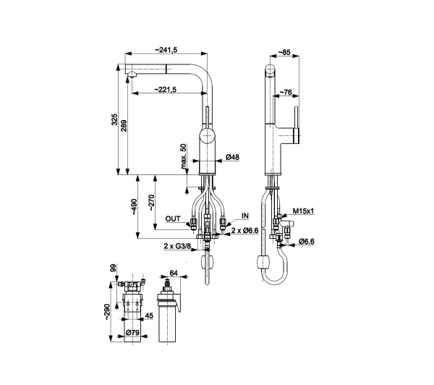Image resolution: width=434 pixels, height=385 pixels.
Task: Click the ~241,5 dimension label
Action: [166, 50]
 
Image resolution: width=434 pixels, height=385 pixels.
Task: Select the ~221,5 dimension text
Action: [165, 89]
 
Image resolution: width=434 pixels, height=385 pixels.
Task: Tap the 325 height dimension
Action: [114, 119]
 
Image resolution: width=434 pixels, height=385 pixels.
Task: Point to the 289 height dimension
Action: [124, 125]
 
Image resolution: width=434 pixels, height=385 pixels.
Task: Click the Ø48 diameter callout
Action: [232, 157]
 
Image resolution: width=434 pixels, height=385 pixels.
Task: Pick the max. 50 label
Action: [184, 156]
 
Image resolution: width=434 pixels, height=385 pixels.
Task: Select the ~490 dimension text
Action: [134, 207]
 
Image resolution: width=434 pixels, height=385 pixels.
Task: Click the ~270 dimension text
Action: [151, 203]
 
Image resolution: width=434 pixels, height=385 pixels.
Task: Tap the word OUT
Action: [173, 219]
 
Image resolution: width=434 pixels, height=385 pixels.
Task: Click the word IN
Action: [245, 216]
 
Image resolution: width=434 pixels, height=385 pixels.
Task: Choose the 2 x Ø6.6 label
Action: [244, 230]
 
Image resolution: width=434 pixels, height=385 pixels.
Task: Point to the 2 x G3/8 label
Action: [177, 245]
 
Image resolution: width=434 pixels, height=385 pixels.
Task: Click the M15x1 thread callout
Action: [304, 211]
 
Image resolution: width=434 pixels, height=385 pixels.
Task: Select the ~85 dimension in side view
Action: [284, 52]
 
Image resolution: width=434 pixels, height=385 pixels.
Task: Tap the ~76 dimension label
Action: [286, 92]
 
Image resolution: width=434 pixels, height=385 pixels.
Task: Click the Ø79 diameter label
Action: [132, 332]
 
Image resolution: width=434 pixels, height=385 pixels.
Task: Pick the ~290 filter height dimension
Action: [107, 312]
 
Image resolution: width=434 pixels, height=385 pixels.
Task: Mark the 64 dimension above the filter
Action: [174, 273]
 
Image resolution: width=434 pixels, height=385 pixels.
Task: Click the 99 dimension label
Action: [114, 268]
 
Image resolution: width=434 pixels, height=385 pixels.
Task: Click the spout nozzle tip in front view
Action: [131, 74]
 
